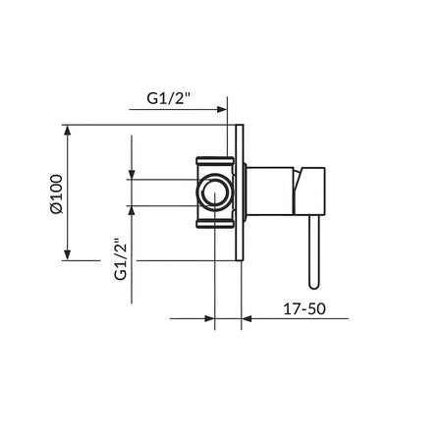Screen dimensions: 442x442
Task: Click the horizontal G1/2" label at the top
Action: click(168, 98)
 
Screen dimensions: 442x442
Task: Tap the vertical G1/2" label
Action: click(121, 261)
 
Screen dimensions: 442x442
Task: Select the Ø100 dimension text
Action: click(56, 193)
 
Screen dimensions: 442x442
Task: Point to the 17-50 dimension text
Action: click(304, 308)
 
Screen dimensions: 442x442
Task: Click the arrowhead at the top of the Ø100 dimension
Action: click(68, 130)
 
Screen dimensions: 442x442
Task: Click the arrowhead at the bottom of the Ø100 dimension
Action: click(68, 255)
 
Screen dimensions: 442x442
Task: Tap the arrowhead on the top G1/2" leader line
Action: click(222, 109)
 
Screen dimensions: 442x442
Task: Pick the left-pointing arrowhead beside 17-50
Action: click(247, 318)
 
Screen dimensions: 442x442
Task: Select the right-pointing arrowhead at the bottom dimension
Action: click(209, 318)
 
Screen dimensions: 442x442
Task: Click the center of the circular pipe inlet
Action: click(215, 193)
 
